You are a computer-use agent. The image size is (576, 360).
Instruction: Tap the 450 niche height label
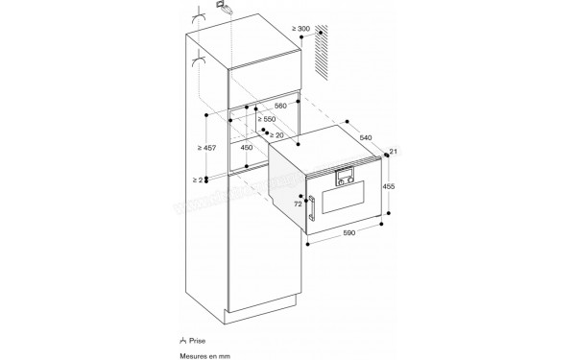248,148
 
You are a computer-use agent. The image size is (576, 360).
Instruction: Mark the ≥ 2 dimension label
198,180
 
